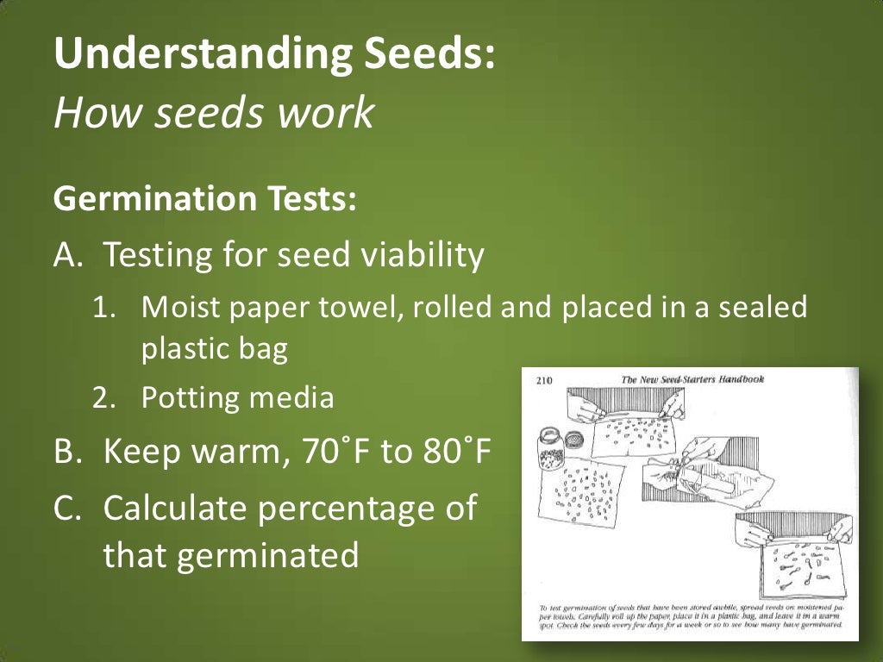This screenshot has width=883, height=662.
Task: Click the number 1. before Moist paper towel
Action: coord(104,307)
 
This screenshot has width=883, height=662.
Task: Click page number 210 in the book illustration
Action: coord(544,380)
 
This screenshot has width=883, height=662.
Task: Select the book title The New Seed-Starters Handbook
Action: coord(692,379)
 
